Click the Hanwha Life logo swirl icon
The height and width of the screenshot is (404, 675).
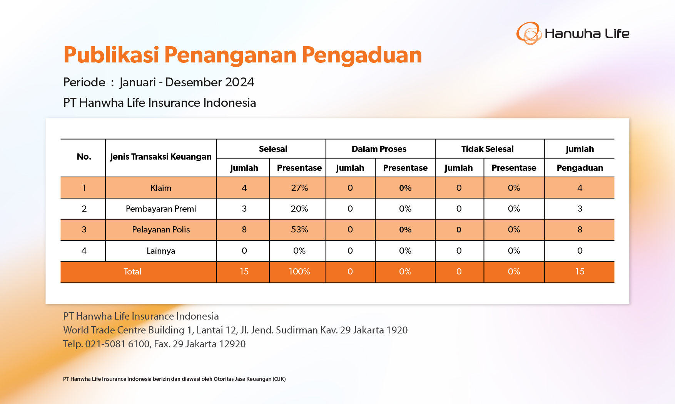pos(529,33)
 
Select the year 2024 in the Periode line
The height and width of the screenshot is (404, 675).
pos(239,82)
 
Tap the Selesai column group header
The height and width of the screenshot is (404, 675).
pos(273,149)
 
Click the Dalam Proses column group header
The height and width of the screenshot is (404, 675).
pos(379,149)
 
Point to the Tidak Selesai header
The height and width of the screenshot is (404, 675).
pos(488,149)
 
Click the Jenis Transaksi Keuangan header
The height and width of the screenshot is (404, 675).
pos(161,157)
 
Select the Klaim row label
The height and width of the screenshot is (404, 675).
pos(161,188)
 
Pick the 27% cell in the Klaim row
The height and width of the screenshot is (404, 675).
pos(299,188)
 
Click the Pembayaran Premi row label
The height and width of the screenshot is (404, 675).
pos(161,209)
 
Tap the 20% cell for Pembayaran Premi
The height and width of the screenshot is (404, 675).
pos(299,209)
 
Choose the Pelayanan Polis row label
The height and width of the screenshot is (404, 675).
pos(161,230)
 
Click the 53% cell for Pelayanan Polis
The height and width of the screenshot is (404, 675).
pos(299,230)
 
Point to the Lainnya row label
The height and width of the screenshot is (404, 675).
pos(161,251)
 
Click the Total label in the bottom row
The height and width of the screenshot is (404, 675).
pos(132,271)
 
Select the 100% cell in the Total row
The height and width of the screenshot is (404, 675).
pos(299,271)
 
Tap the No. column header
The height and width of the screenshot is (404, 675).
pos(84,157)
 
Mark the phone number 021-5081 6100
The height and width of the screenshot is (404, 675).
pos(118,344)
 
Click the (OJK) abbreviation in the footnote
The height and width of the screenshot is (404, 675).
pos(279,379)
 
